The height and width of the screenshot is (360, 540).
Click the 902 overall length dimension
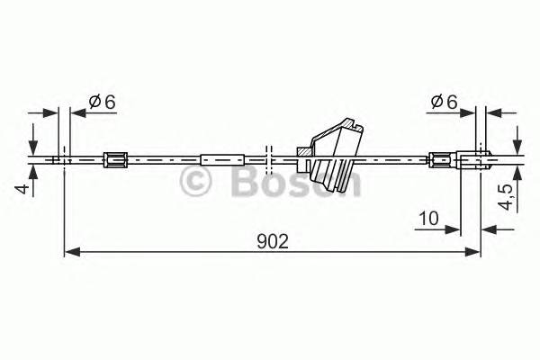click(x=272, y=241)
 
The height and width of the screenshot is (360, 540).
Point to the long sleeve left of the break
click(x=222, y=160)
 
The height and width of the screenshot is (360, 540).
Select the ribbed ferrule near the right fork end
click(x=440, y=160)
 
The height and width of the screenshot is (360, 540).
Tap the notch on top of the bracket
click(x=355, y=125)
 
